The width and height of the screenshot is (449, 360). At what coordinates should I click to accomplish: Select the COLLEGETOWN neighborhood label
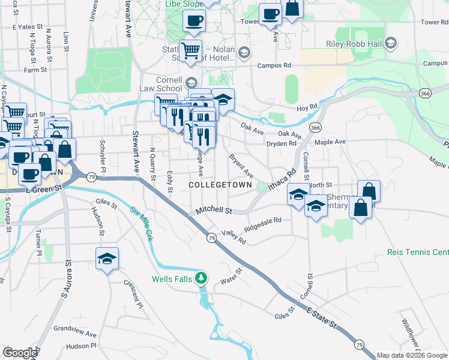220,185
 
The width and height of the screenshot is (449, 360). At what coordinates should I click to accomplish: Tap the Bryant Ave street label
241,165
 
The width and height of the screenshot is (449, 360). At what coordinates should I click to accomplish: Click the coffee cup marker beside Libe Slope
194,21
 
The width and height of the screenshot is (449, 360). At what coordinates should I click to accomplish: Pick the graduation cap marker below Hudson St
107,259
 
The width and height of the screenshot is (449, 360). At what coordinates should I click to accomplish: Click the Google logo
20,353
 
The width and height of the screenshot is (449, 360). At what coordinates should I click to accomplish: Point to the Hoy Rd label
306,107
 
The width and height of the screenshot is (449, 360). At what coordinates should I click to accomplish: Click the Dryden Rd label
282,144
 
